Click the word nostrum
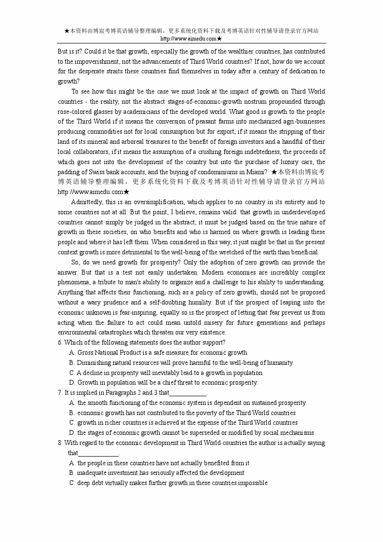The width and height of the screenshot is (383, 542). (248, 101)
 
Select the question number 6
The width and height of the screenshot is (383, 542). (60, 343)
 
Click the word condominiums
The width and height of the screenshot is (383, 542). (219, 172)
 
